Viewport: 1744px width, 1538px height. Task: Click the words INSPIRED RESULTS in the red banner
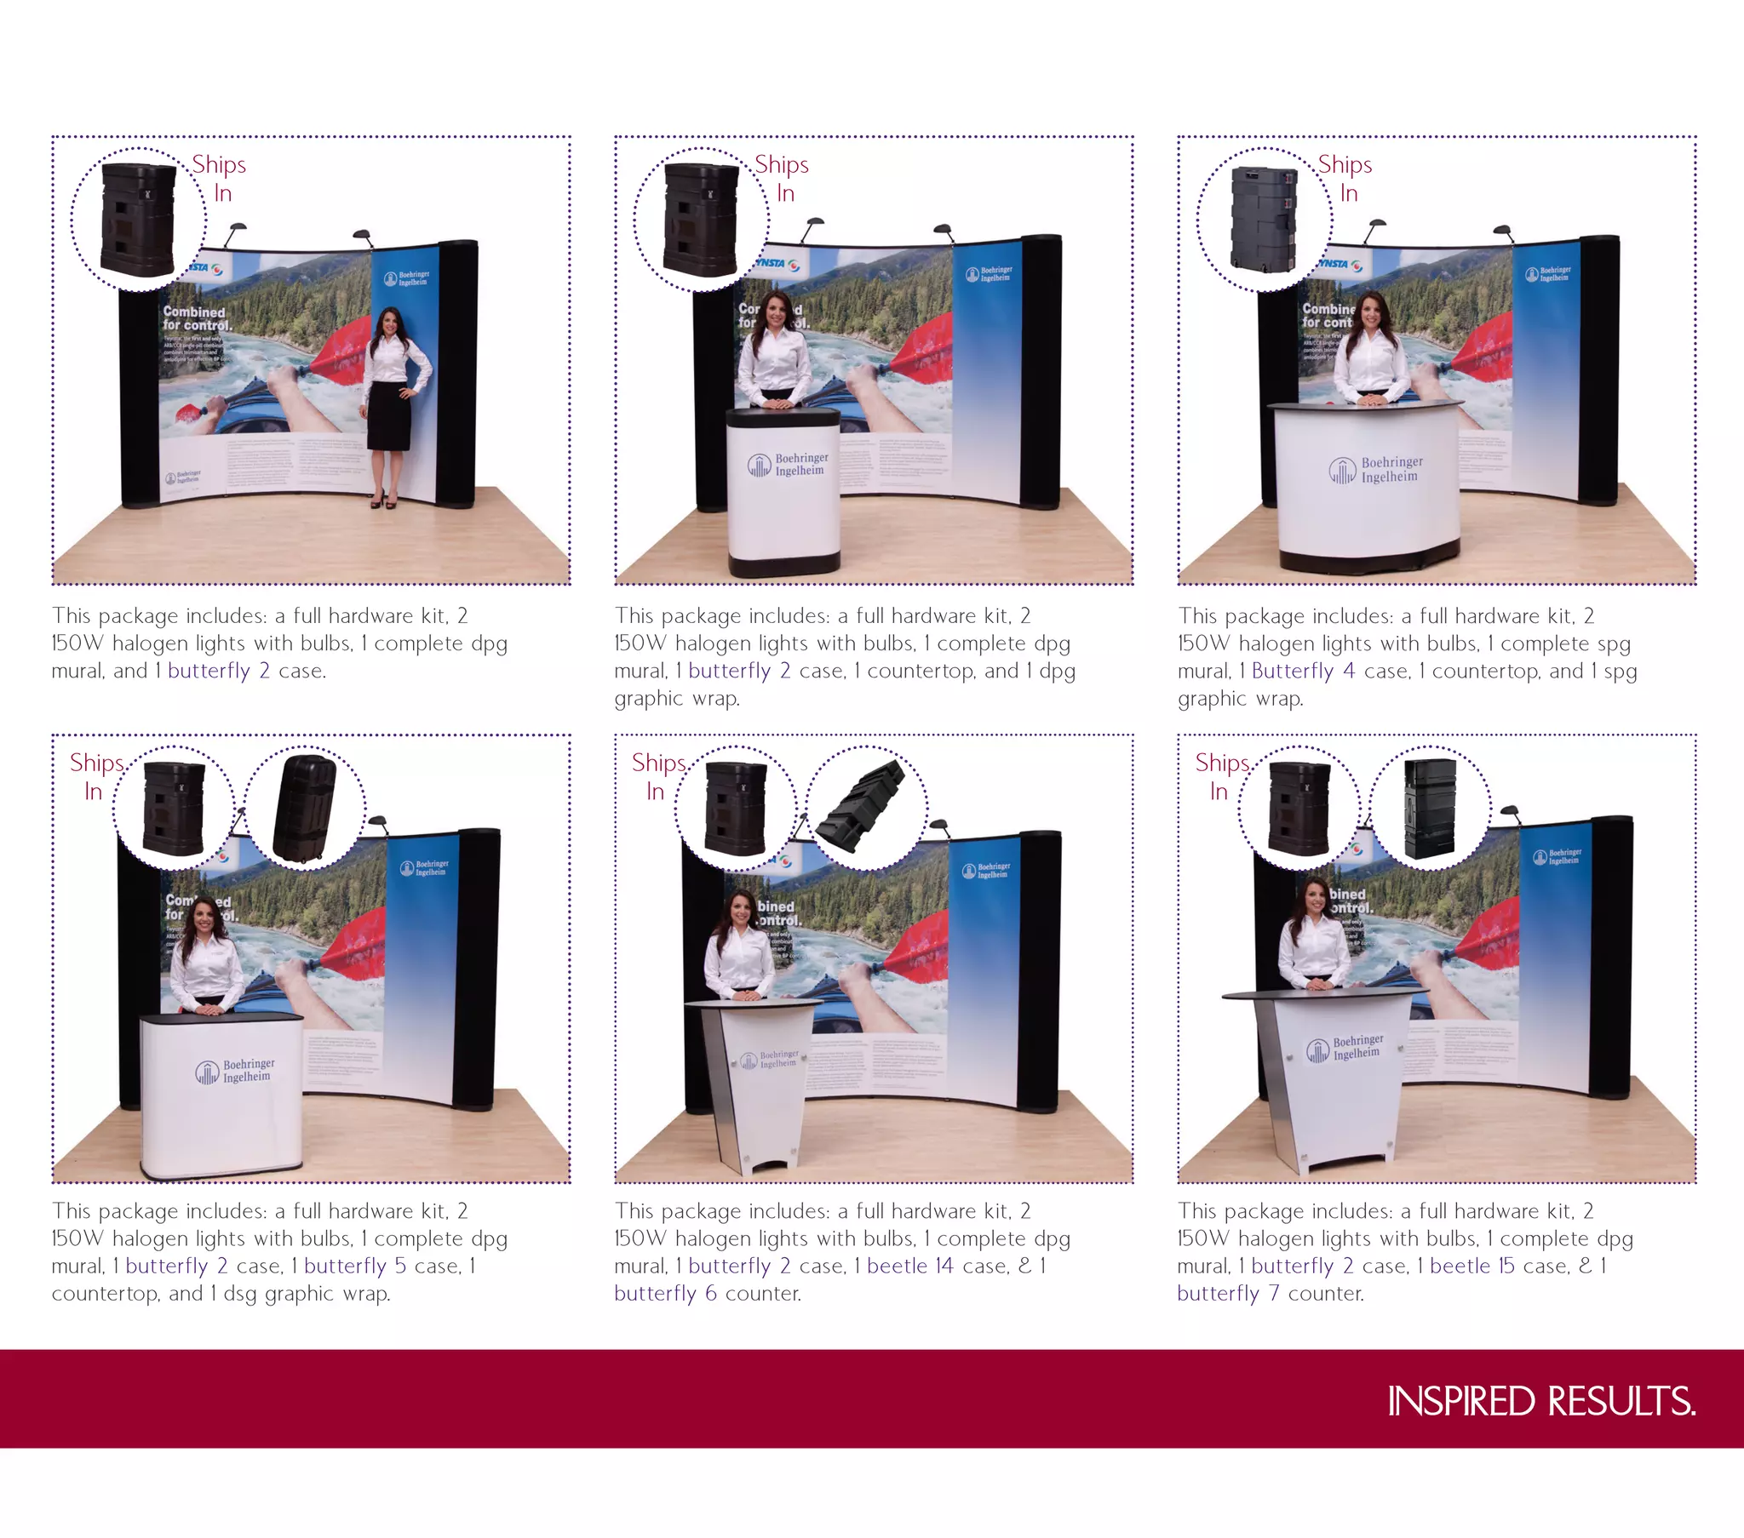click(1540, 1402)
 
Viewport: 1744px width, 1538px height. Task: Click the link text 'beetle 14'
click(909, 1266)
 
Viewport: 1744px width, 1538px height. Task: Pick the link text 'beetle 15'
click(1471, 1266)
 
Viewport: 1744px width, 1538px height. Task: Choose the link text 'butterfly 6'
click(667, 1293)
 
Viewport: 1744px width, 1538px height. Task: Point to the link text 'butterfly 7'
click(1228, 1293)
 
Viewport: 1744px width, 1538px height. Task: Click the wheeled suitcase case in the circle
click(304, 809)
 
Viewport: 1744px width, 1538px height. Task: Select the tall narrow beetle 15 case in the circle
click(1430, 808)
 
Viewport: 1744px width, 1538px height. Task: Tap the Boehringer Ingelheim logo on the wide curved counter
click(1376, 469)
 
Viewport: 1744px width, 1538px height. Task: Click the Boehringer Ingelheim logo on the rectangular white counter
click(235, 1071)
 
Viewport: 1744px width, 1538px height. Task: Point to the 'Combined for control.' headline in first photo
click(196, 318)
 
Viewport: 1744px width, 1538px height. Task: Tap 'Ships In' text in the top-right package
click(1345, 177)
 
